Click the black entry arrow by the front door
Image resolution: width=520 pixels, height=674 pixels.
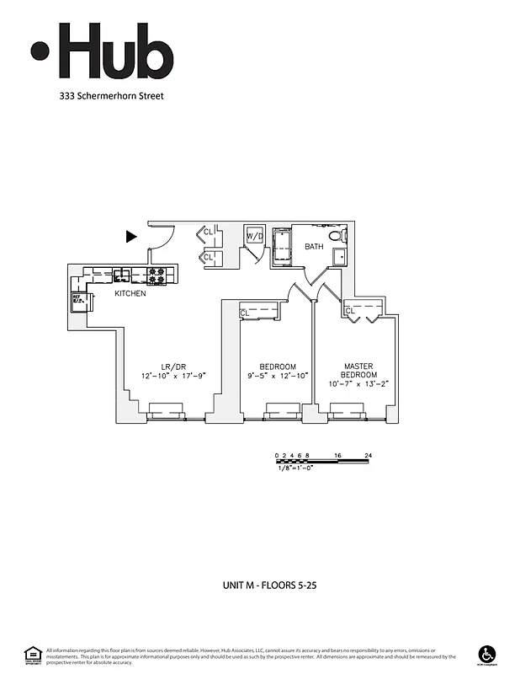point(130,237)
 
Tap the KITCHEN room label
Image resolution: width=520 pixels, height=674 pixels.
point(130,293)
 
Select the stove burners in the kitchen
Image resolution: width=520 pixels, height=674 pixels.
point(157,275)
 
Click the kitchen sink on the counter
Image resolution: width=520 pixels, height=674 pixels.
point(123,274)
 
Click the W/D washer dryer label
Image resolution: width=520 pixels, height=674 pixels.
point(255,237)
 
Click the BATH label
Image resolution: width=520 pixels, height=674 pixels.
point(314,247)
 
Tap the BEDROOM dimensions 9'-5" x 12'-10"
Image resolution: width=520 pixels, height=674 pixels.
point(278,377)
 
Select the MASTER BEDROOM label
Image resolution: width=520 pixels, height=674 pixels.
point(359,371)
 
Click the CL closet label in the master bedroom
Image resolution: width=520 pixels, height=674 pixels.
point(350,312)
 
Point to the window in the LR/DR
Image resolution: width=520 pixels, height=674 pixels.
point(167,411)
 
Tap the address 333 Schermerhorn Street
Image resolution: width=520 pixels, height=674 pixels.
point(111,96)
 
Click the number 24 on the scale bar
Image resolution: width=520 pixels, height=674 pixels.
point(368,456)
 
